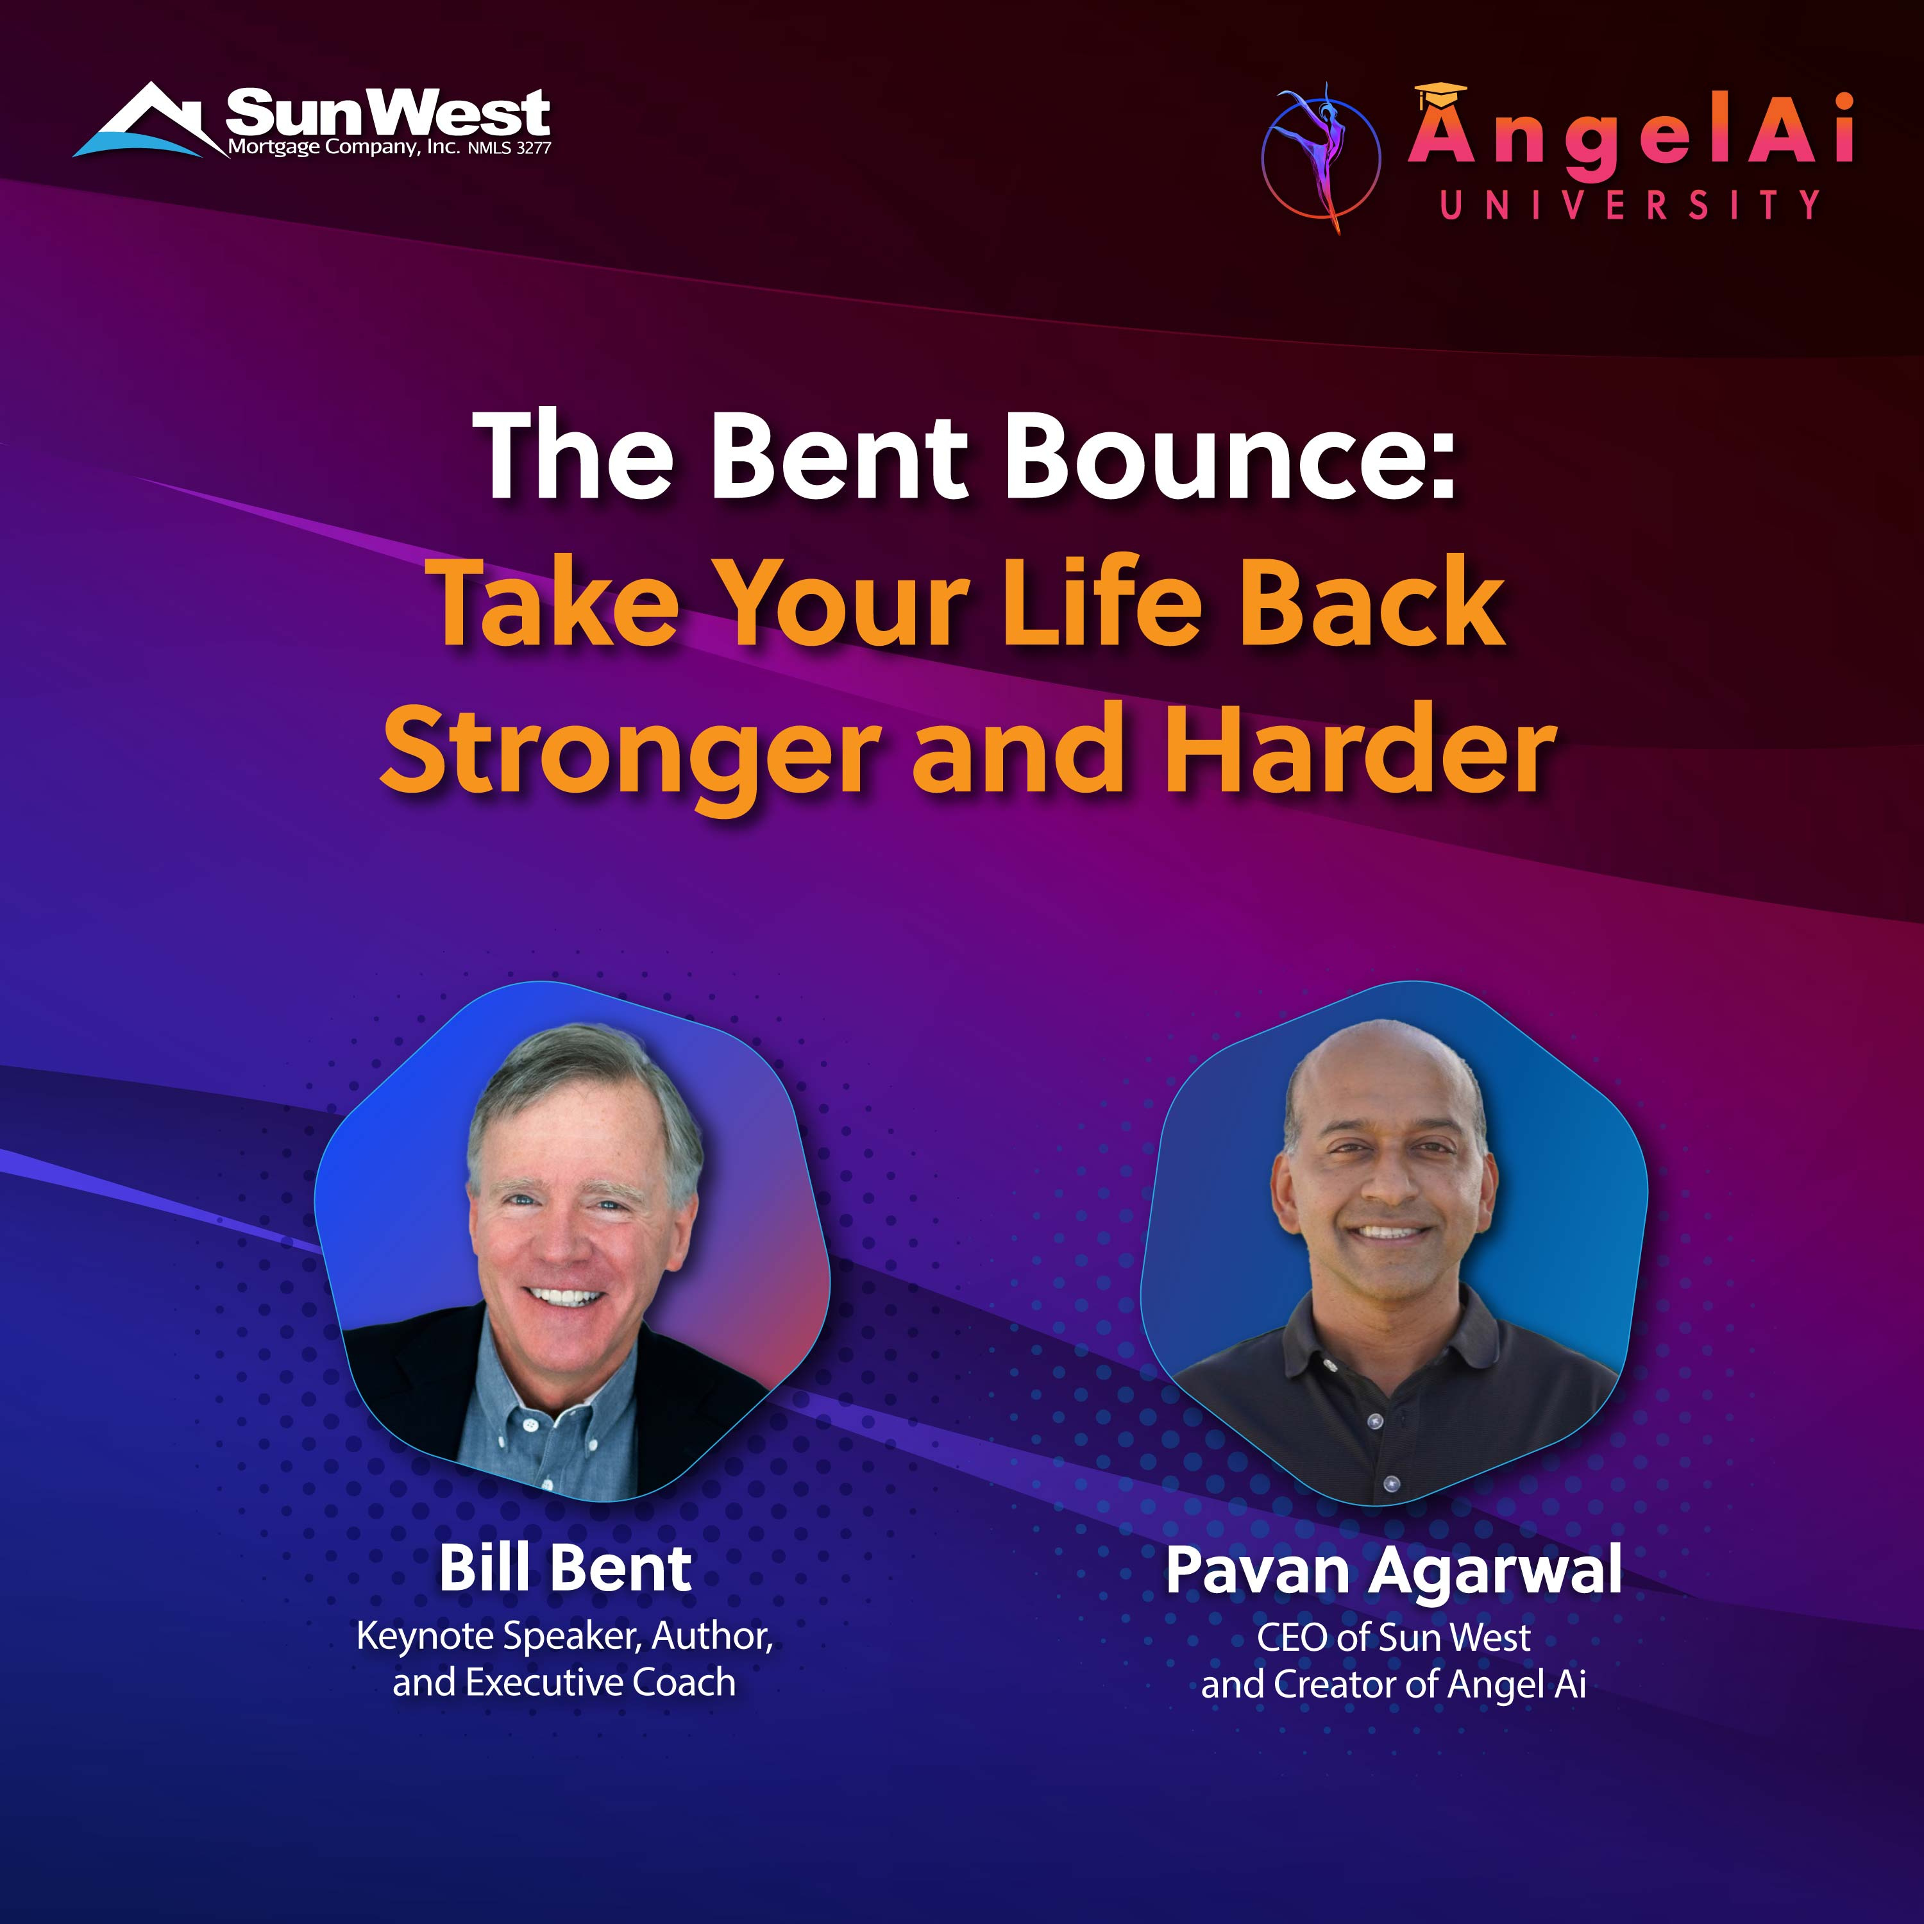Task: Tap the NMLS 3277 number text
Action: tap(509, 148)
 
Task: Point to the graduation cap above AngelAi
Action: tap(1440, 96)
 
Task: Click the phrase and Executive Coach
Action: tap(564, 1682)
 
